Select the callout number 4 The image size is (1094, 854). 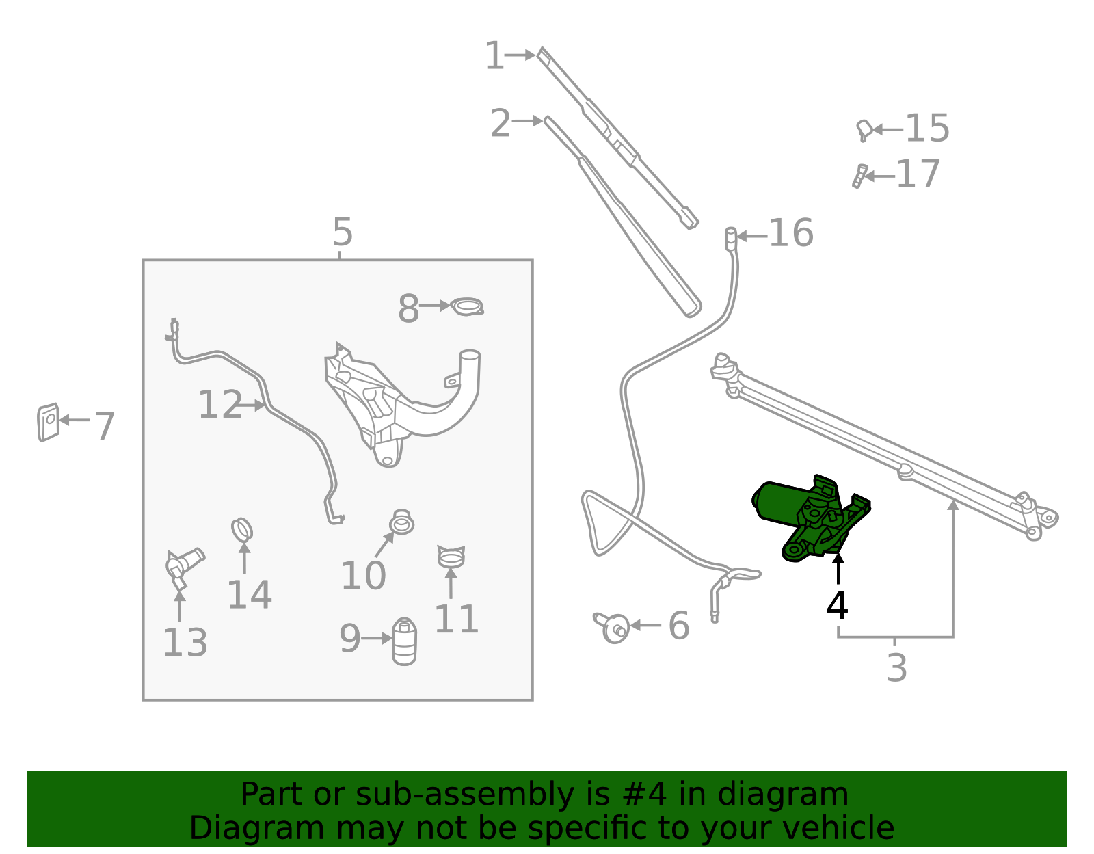(x=837, y=606)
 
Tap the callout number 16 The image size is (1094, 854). (x=791, y=233)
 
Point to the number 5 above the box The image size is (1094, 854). (x=343, y=232)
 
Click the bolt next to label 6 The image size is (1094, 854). (x=612, y=628)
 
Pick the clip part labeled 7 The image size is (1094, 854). (x=49, y=423)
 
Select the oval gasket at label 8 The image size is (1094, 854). (x=467, y=306)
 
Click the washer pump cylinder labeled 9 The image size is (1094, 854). (x=404, y=641)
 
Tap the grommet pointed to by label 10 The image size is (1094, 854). (x=402, y=522)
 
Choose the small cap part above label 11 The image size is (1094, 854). (x=451, y=556)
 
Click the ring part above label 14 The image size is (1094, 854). (x=241, y=530)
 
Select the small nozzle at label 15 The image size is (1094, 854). (x=864, y=131)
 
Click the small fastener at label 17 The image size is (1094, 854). (x=859, y=176)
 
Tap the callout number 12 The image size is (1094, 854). (x=220, y=405)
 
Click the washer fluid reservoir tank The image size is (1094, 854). (x=403, y=403)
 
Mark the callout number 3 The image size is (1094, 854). (x=896, y=668)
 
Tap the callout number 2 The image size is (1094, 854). (x=500, y=123)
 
